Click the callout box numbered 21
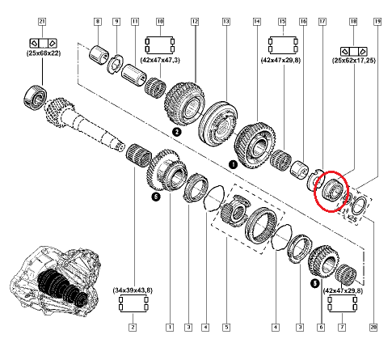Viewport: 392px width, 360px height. pos(42,22)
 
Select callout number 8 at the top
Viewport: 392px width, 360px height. pos(98,22)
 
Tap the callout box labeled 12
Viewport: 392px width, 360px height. pos(195,22)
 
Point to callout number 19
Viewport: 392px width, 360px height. pos(377,22)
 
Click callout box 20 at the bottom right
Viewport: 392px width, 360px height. pos(373,328)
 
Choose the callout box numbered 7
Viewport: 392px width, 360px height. pos(342,328)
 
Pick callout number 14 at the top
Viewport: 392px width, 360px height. pos(257,22)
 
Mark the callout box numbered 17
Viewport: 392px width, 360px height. pos(322,22)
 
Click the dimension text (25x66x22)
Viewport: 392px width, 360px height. pos(44,53)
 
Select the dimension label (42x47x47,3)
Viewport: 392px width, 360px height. pos(160,60)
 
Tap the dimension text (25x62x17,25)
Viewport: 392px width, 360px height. pos(354,60)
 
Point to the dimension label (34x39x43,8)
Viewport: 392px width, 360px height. pos(133,290)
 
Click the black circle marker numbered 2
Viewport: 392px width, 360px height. pos(176,132)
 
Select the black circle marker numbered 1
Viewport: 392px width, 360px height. pos(234,164)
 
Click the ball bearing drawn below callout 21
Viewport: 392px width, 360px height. pos(36,97)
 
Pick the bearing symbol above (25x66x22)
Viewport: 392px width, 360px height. pos(43,43)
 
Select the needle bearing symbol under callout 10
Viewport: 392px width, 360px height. pos(160,45)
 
